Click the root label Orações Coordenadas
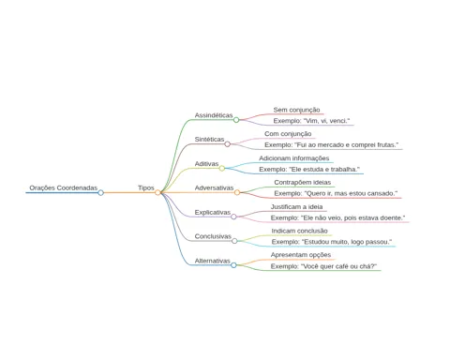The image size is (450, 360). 64,187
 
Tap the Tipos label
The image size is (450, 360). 146,187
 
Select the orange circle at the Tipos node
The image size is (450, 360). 157,192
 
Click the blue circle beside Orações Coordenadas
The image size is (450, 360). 100,193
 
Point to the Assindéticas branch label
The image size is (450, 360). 214,115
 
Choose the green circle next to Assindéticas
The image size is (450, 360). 236,120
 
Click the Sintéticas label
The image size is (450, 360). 209,140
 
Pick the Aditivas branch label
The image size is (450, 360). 206,164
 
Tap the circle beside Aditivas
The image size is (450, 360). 222,169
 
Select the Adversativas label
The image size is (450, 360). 214,187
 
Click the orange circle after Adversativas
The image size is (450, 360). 237,192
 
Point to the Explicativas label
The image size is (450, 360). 213,212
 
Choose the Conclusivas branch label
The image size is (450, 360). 213,236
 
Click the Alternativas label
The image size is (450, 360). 212,261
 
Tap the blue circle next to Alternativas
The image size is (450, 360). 233,265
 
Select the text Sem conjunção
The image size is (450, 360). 296,110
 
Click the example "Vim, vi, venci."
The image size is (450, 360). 311,121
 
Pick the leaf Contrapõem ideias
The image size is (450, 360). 303,182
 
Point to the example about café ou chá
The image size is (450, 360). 323,266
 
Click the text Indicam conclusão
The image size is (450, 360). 299,231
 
